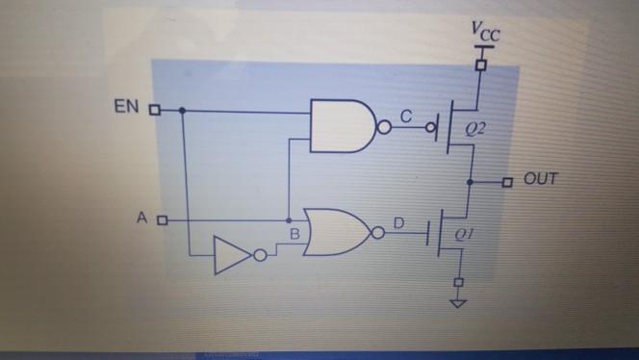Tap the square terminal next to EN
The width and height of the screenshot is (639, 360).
(x=154, y=110)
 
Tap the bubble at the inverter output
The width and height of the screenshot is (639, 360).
(x=259, y=256)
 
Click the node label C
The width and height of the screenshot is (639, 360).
(x=406, y=116)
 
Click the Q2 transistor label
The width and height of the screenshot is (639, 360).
(x=473, y=128)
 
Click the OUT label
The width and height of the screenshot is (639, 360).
(x=542, y=179)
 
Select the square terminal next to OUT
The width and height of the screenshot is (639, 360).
(x=507, y=181)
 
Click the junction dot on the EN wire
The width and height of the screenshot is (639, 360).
(x=183, y=110)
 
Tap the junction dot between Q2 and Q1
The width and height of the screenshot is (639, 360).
(x=470, y=181)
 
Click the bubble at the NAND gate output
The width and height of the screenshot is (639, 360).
(x=386, y=126)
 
